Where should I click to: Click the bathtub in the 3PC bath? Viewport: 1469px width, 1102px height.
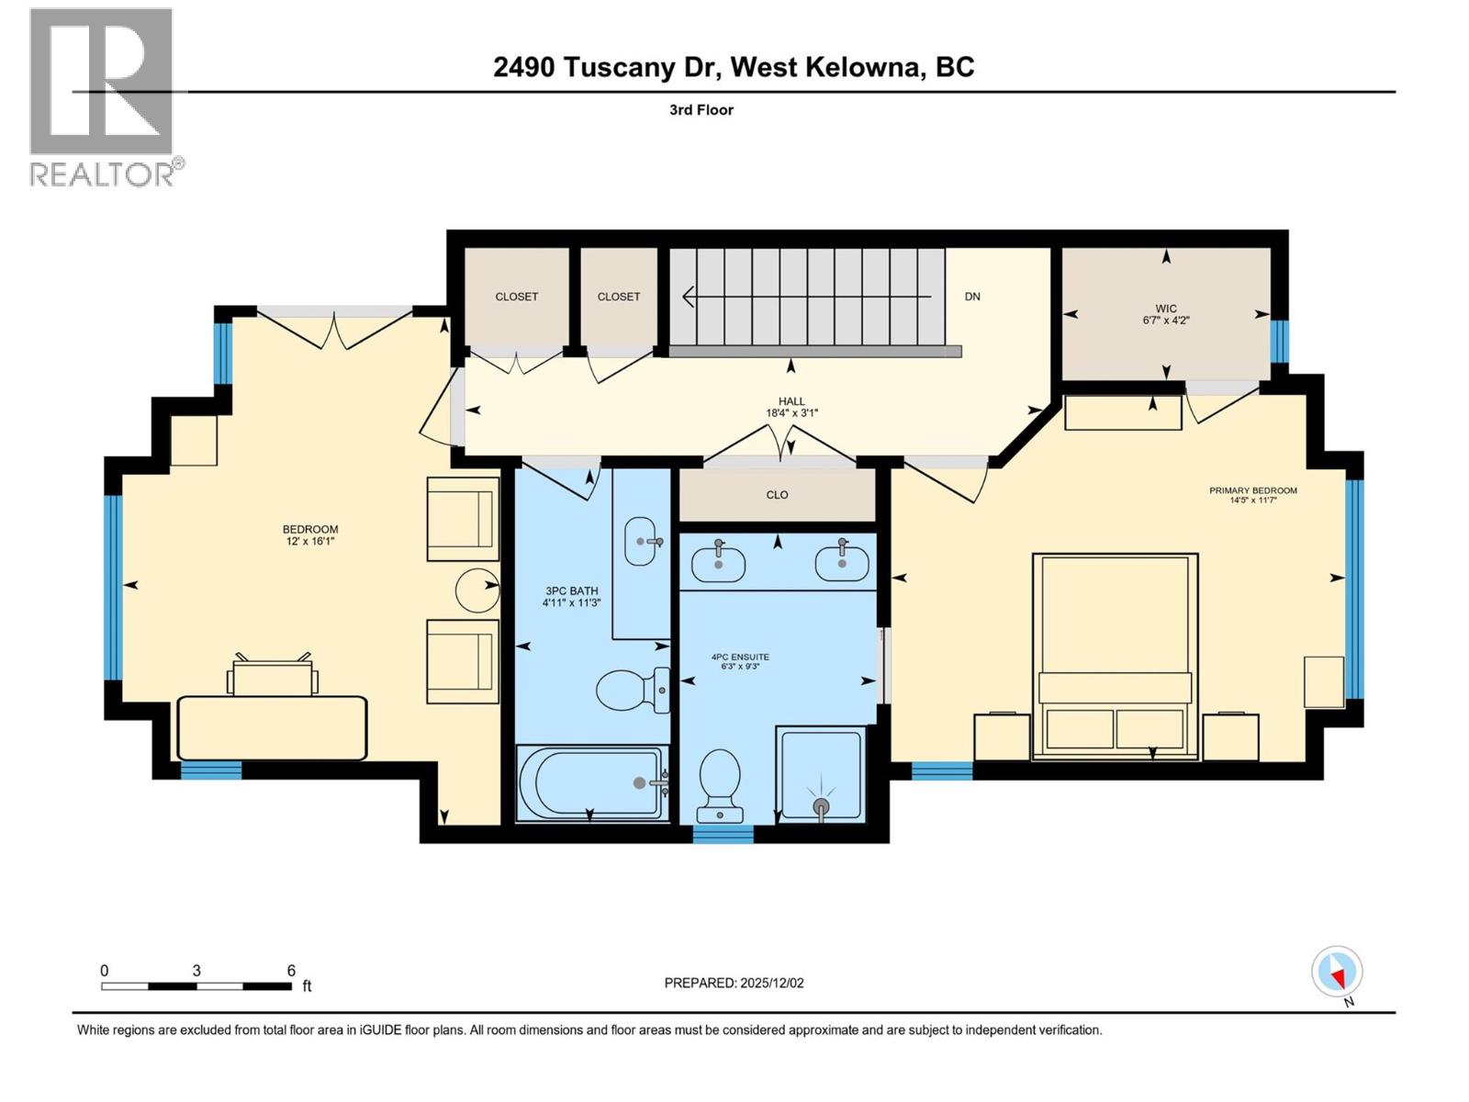coord(590,782)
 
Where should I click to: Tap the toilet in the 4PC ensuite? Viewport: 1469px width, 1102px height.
coord(720,785)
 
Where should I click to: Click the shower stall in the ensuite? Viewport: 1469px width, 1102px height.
coord(821,774)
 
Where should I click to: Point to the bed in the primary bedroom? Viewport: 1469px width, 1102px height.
coord(1115,656)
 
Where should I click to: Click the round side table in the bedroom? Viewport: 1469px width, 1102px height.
coord(477,590)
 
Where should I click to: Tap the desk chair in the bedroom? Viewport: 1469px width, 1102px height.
coord(272,675)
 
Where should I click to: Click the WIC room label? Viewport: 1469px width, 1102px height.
coord(1166,309)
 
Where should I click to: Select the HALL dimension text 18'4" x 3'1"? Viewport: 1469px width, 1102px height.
coord(791,413)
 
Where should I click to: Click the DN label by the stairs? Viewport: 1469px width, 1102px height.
coord(972,297)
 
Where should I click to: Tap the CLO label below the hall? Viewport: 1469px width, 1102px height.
coord(777,495)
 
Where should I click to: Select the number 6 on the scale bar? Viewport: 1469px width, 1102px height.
coord(291,971)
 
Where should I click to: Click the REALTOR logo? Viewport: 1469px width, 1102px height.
coord(103,96)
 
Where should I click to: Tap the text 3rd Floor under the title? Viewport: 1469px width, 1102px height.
coord(701,110)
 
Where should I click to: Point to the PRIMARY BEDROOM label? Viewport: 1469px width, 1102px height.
coord(1252,490)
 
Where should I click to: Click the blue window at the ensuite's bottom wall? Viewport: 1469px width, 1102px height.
coord(723,834)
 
